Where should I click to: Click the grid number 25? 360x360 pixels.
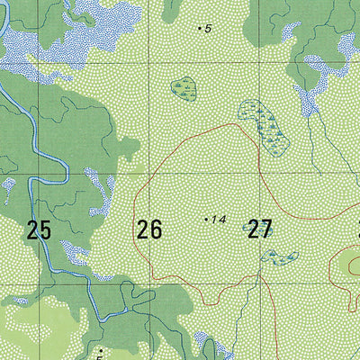point(39,230)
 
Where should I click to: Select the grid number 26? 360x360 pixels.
point(149,229)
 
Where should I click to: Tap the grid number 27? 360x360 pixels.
point(259,229)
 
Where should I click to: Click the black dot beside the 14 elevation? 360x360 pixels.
point(206,218)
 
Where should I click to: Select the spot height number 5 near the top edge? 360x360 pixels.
point(208,29)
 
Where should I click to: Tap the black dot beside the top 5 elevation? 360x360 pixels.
point(199,29)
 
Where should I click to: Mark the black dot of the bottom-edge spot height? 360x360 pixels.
point(100,348)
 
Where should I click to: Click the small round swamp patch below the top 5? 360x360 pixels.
point(184,87)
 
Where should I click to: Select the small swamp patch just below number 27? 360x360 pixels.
point(279,257)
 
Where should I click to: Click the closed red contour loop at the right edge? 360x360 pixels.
point(346,266)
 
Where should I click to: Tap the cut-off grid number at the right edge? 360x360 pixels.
point(357,229)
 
